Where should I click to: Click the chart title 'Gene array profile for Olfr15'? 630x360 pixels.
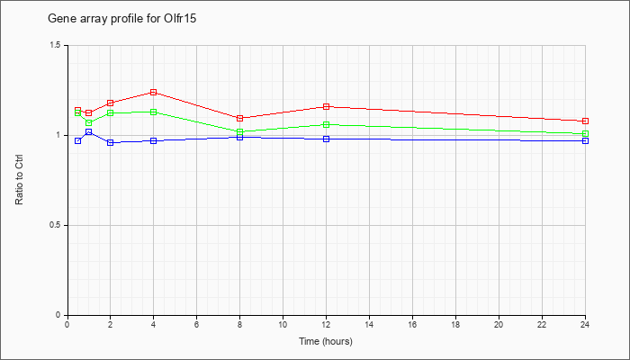coord(122,19)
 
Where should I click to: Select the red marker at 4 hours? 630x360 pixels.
coord(154,93)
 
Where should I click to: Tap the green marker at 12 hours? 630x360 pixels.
coord(326,124)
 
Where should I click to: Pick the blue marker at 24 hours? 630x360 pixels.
coord(585,141)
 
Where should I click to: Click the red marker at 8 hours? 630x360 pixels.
coord(240,118)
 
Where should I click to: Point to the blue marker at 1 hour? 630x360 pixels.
coord(89,131)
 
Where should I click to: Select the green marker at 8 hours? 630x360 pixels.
coord(240,131)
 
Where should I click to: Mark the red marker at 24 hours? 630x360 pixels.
coord(585,121)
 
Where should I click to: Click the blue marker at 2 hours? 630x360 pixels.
coord(111,142)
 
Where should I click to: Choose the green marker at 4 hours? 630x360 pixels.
coord(154,112)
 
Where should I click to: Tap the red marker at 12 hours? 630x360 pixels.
coord(326,106)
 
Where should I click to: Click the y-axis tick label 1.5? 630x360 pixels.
coord(56,45)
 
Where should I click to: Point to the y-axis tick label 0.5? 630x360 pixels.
coord(56,225)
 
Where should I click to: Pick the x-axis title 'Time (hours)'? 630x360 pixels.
coord(326,342)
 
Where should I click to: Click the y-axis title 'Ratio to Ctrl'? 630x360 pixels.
coord(19,180)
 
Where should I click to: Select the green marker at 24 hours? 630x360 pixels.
coord(585,134)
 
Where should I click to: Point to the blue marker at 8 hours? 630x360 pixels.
coord(240,138)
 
